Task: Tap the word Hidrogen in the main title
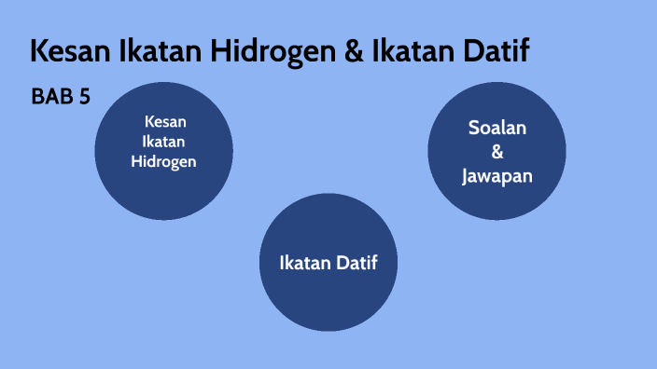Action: tap(271, 51)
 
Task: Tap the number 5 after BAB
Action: tap(85, 96)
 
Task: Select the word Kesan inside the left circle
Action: tap(163, 121)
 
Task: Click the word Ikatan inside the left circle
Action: tap(163, 142)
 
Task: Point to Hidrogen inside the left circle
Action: tap(163, 161)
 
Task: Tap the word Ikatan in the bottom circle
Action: tap(306, 263)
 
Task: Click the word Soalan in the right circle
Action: tap(496, 128)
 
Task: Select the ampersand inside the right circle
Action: tap(496, 151)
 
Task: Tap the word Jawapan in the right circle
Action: tap(496, 174)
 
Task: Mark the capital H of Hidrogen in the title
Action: tap(223, 51)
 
